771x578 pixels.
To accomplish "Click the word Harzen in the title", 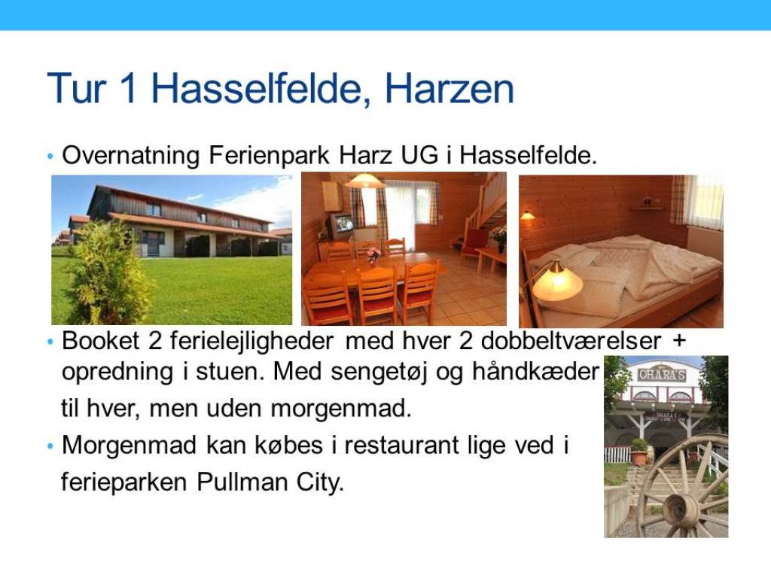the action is pyautogui.click(x=449, y=89).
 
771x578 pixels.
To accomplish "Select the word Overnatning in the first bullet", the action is pyautogui.click(x=131, y=156).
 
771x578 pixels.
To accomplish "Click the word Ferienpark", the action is pyautogui.click(x=269, y=155).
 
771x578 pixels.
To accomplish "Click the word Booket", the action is pyautogui.click(x=101, y=341).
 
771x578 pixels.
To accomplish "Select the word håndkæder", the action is pyautogui.click(x=535, y=372).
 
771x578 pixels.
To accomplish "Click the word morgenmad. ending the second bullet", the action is pyautogui.click(x=341, y=408).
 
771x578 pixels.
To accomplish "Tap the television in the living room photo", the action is pyautogui.click(x=339, y=225).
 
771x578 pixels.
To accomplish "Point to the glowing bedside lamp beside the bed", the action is pyautogui.click(x=556, y=281).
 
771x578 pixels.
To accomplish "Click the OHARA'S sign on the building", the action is pyautogui.click(x=662, y=375).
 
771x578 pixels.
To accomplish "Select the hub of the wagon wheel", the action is pyautogui.click(x=680, y=510).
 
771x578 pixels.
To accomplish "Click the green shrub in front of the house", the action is pyautogui.click(x=108, y=272).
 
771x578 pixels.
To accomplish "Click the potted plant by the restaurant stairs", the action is pyautogui.click(x=640, y=452).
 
